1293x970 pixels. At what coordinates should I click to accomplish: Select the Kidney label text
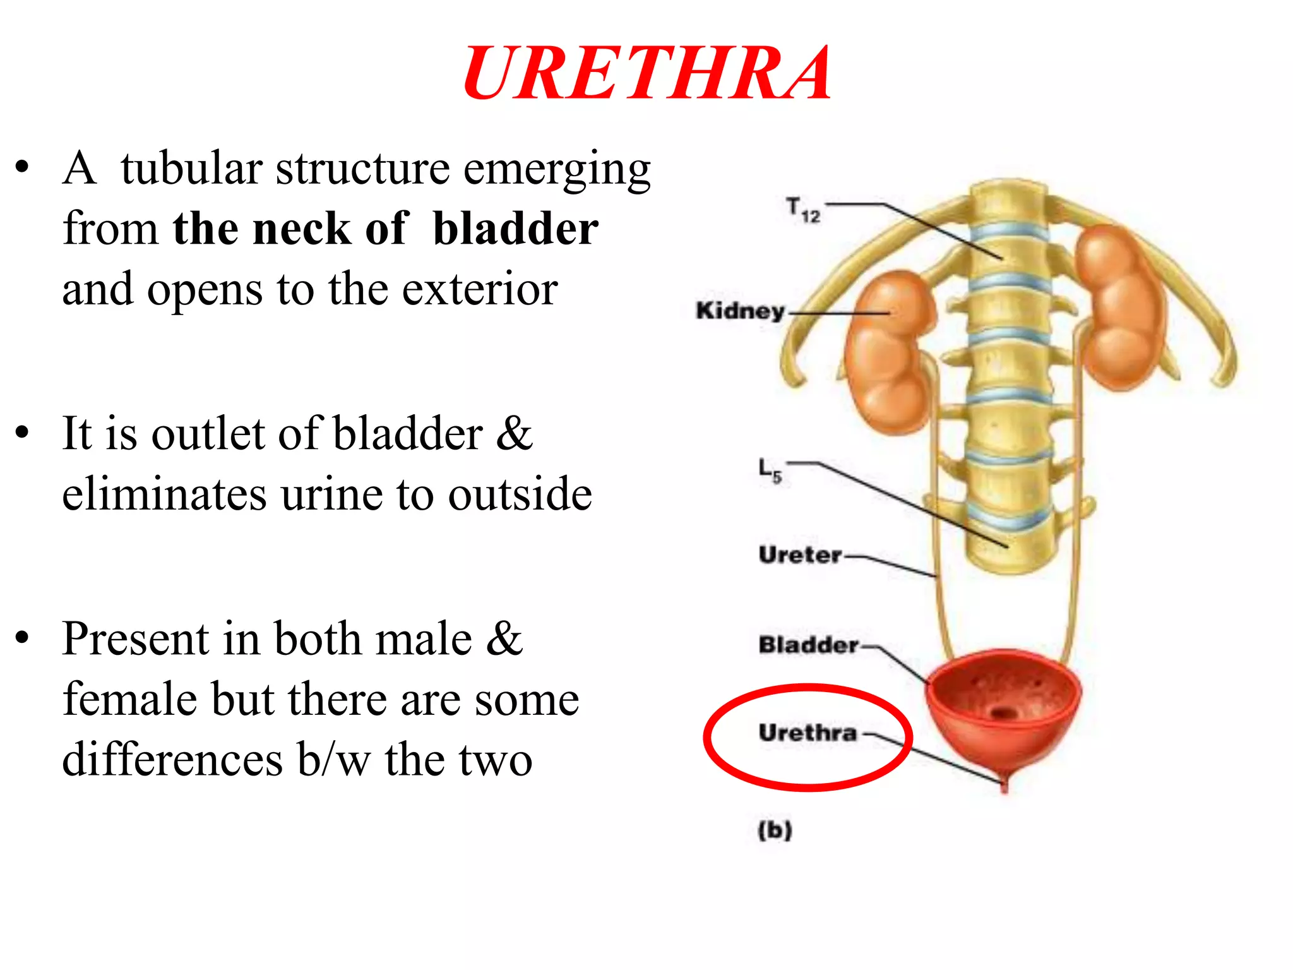pyautogui.click(x=740, y=311)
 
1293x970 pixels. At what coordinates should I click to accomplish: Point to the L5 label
pyautogui.click(x=770, y=470)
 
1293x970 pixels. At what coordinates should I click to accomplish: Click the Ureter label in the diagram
pyautogui.click(x=800, y=555)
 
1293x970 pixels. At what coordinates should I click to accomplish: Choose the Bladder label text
pyautogui.click(x=808, y=645)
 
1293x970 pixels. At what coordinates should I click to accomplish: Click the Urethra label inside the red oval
pyautogui.click(x=807, y=733)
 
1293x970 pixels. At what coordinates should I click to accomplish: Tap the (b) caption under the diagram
pyautogui.click(x=775, y=830)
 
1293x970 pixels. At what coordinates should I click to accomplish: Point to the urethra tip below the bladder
pyautogui.click(x=1004, y=785)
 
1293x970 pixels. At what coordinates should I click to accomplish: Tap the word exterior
pyautogui.click(x=480, y=289)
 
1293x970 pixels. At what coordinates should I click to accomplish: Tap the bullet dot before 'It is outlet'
pyautogui.click(x=23, y=433)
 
